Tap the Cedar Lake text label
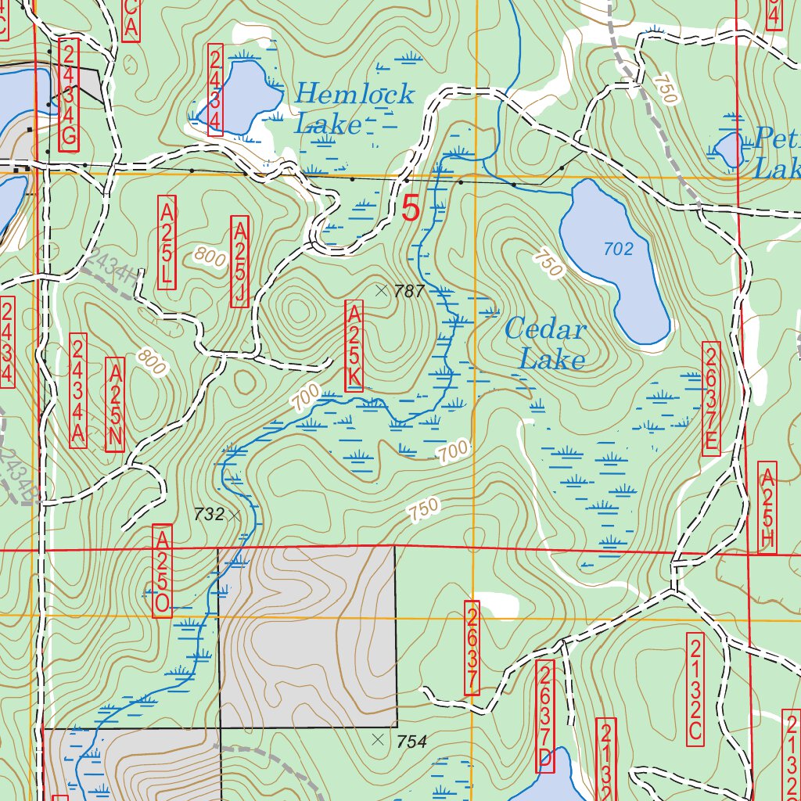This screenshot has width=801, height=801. point(545,343)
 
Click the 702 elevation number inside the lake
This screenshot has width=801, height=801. point(618,249)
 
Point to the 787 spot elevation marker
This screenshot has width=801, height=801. point(381,290)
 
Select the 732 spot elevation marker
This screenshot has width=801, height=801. point(234,514)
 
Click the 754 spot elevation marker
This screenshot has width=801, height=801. point(379,739)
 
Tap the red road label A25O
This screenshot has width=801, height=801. point(162,571)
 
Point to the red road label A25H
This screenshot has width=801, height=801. point(767,508)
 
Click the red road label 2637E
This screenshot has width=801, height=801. point(711,397)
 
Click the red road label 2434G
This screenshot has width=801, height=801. point(69,96)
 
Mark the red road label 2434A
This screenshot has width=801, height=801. point(78,390)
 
